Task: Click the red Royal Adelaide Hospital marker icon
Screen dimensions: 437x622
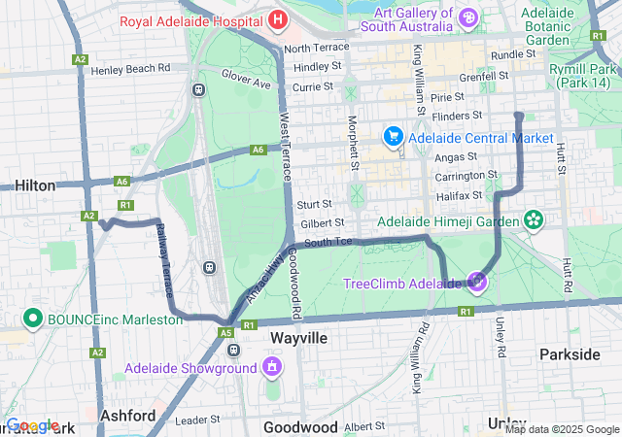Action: [x=278, y=19]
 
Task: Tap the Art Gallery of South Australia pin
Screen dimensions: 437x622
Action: [x=468, y=17]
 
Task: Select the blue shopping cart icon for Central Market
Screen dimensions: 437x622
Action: [x=394, y=137]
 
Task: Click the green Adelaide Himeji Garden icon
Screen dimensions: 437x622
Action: [x=533, y=221]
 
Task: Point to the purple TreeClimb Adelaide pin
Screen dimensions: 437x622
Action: [x=477, y=283]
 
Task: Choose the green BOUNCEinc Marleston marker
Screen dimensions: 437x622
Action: [x=32, y=319]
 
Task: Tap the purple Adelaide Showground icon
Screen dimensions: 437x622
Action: [x=271, y=368]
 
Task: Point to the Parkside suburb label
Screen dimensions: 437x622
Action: [x=570, y=354]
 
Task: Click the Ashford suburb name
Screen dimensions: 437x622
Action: [x=128, y=415]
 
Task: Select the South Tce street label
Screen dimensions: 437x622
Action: [x=328, y=242]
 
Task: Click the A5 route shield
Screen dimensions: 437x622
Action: [x=225, y=333]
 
